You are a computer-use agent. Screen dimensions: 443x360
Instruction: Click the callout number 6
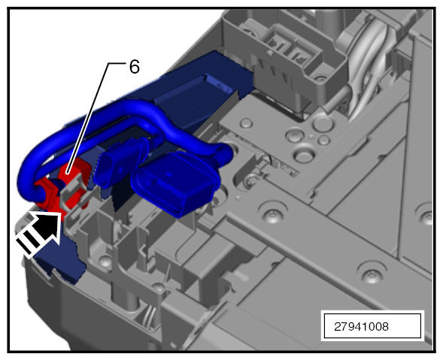[x=135, y=67]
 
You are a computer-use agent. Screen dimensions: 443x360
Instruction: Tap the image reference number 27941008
[x=361, y=327]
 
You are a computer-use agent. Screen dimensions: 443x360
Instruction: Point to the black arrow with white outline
[x=39, y=232]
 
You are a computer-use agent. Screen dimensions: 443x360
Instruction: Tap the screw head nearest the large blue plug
[x=273, y=213]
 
